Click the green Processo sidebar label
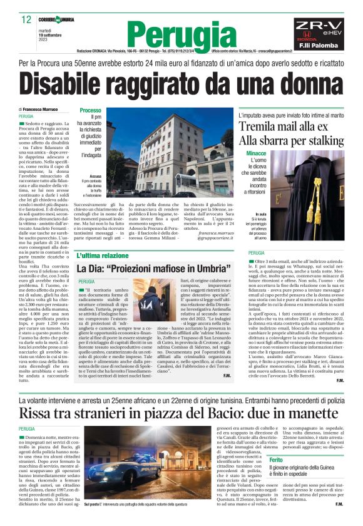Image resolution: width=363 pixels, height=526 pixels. [x=90, y=111]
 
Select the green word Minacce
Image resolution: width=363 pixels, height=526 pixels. [x=257, y=153]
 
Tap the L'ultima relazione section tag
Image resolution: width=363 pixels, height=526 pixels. [x=103, y=255]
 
